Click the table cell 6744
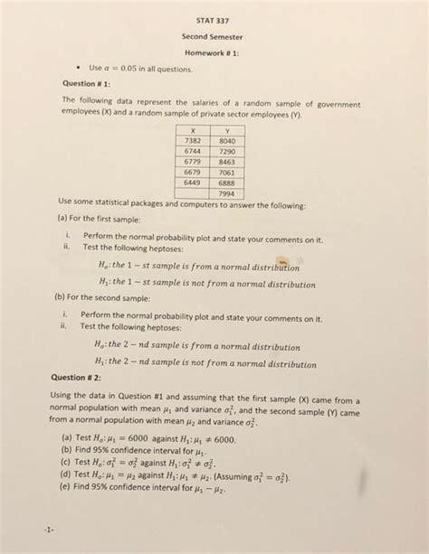(x=192, y=151)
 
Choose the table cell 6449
(x=192, y=182)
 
